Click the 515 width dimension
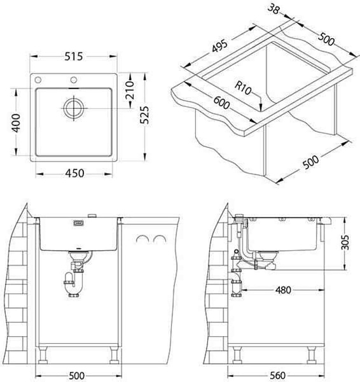coord(74,57)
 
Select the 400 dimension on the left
coord(17,123)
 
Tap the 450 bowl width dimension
coord(74,173)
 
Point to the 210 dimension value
coord(130,90)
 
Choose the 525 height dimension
coord(144,115)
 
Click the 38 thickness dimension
coord(274,10)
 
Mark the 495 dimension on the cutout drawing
coord(220,46)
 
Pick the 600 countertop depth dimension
coord(221,103)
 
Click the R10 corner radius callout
coord(243,88)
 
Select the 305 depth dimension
coord(345,242)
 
